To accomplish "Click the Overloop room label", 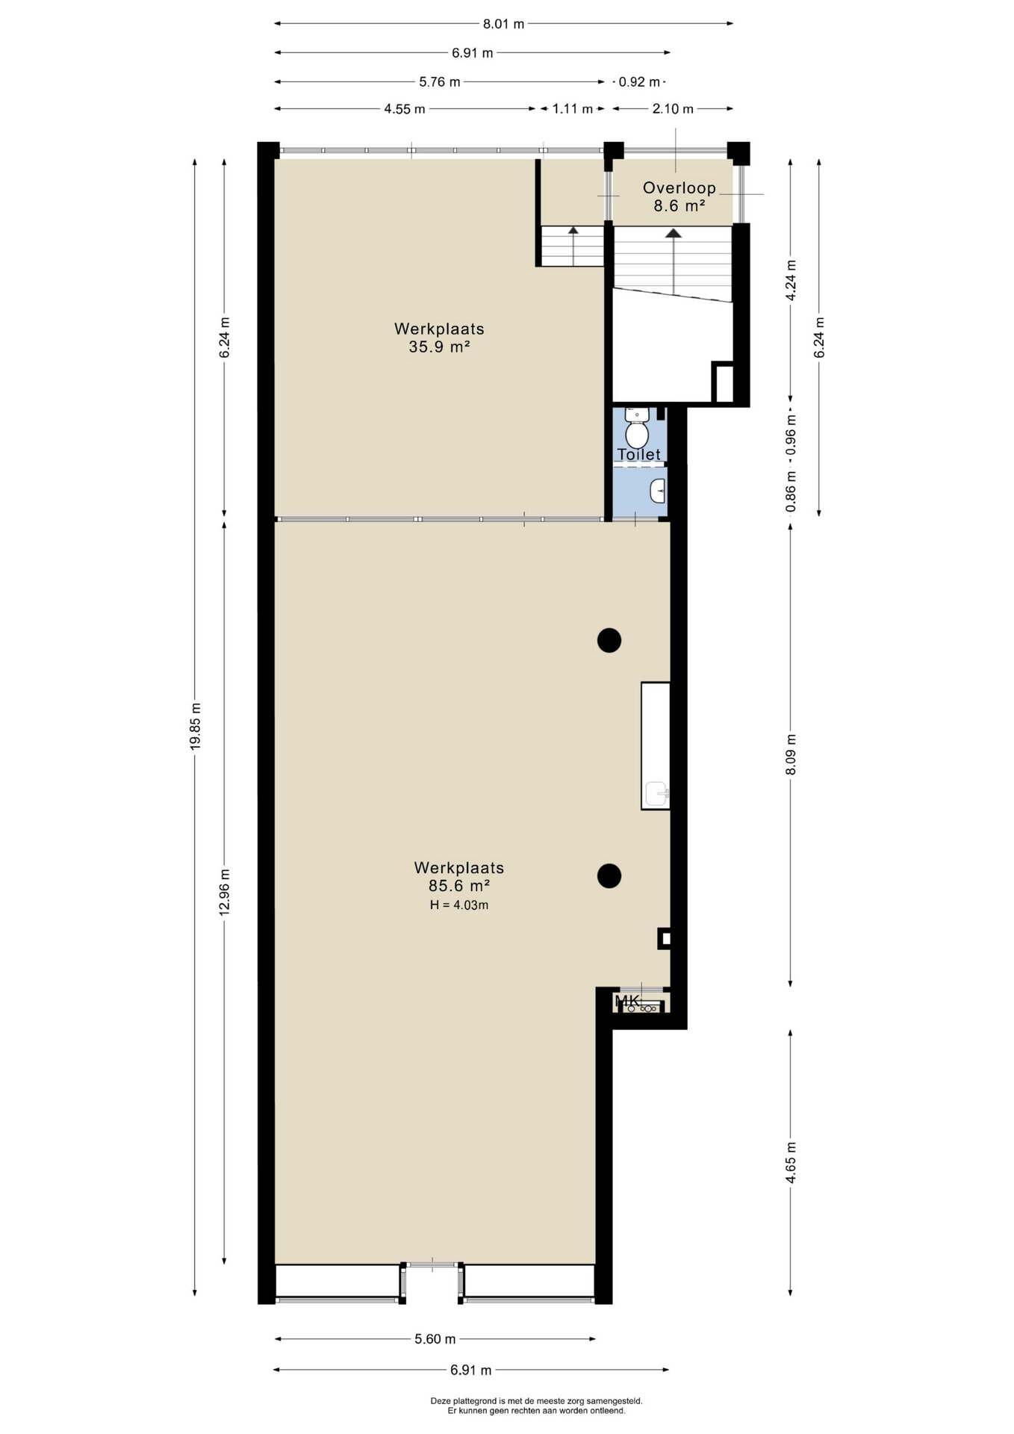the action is tap(679, 188).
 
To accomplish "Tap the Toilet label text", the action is tap(638, 454).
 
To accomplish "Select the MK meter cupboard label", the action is tap(627, 1000).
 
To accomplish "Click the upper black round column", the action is tap(609, 640).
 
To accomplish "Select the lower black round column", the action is tap(609, 875).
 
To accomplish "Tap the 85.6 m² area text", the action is tap(458, 887).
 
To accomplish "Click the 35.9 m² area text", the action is tap(439, 347).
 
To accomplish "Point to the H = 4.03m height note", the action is tap(458, 905).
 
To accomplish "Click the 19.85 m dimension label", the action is tap(196, 726).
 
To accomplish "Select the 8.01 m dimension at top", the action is tap(503, 24).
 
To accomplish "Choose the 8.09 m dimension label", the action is tap(791, 754).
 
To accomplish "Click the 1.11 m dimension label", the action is tap(573, 109).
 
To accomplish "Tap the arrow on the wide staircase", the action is tap(674, 261).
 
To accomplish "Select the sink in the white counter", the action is tap(656, 793).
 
